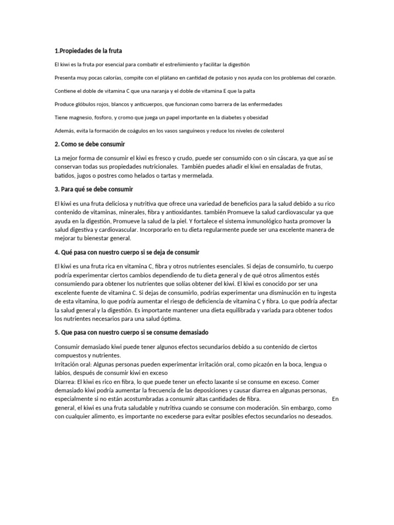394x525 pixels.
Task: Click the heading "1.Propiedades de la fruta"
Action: (88, 51)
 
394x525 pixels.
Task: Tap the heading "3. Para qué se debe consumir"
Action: (93, 189)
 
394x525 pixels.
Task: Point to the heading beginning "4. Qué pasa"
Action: (127, 253)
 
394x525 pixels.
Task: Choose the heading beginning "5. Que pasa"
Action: (131, 333)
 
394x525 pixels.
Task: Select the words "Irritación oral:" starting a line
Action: (74, 364)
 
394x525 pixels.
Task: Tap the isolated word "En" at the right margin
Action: (336, 399)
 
